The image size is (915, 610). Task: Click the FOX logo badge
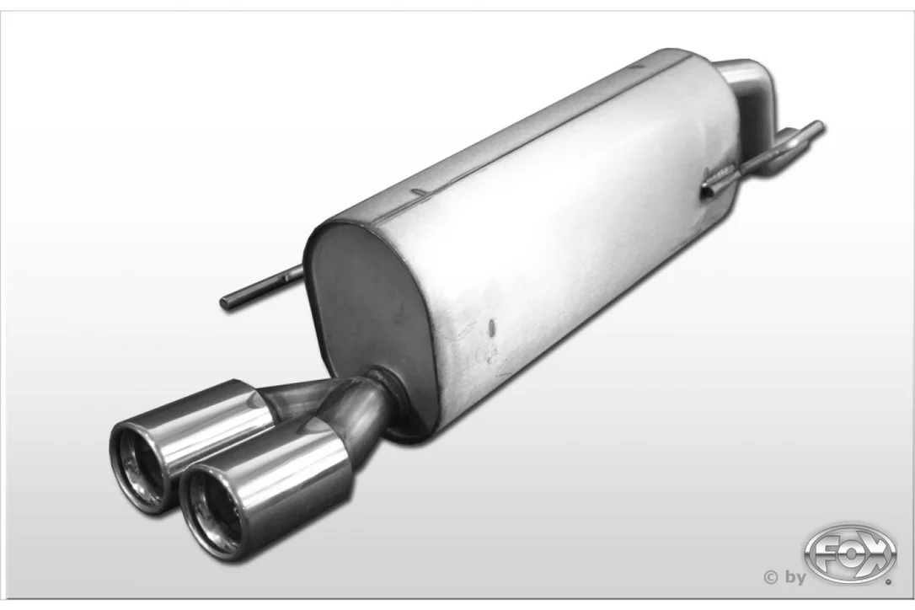pos(849,554)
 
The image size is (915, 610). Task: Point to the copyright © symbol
pos(770,577)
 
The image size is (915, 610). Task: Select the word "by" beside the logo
pos(795,577)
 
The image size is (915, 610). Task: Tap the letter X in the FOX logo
pos(877,554)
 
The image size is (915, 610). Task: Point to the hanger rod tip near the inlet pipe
pos(819,126)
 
